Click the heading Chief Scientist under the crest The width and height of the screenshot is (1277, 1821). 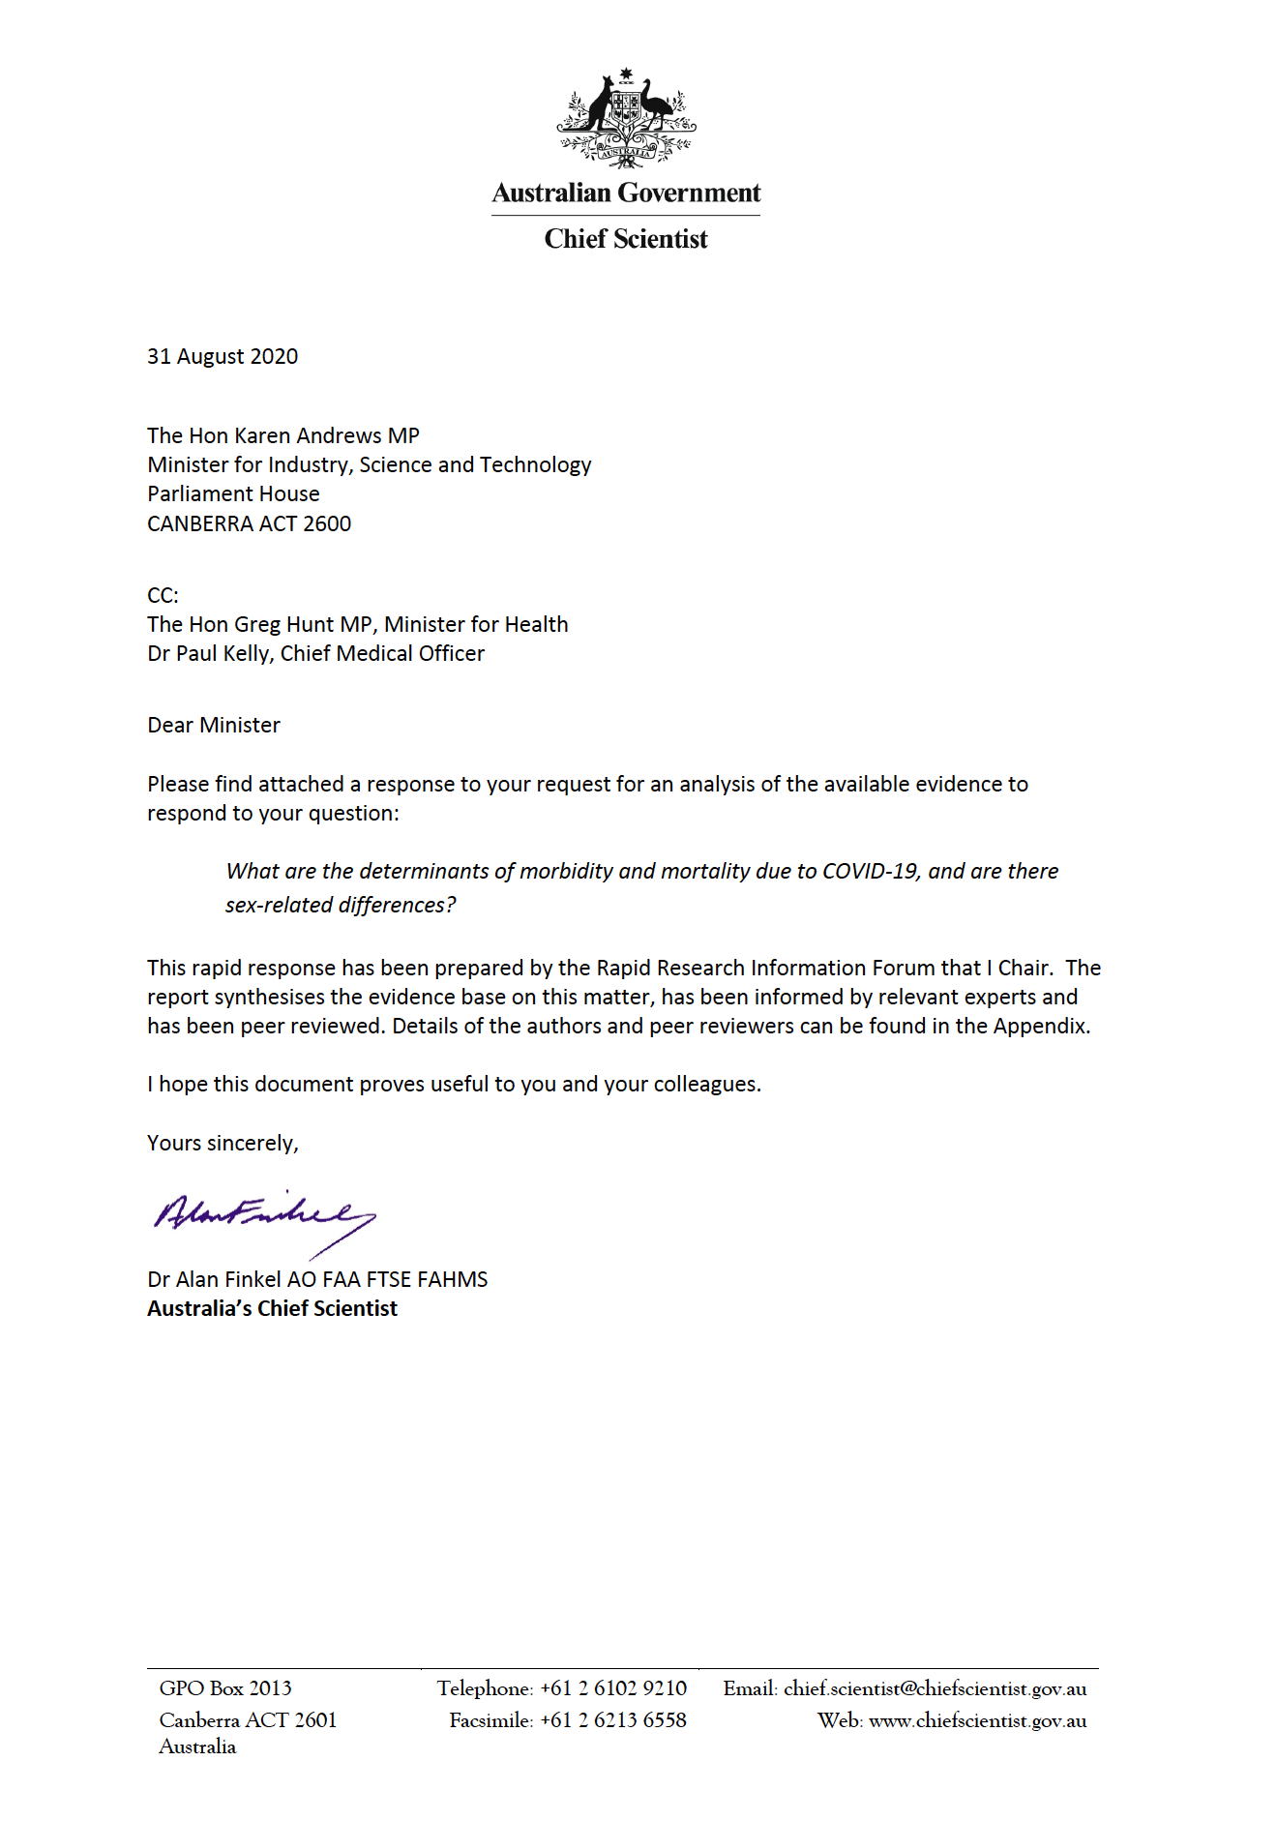(626, 239)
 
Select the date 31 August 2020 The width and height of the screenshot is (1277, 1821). (223, 356)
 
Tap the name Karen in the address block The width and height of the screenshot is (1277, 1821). (262, 435)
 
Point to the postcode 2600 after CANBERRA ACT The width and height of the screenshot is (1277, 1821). (327, 523)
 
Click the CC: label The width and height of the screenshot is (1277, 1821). (163, 595)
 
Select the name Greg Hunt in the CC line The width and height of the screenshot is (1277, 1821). (271, 624)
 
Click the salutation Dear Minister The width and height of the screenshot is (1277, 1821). (214, 725)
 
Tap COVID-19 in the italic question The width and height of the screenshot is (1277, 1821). (870, 871)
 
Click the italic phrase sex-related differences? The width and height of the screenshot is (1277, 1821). (341, 905)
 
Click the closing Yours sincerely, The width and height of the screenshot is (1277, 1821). (223, 1143)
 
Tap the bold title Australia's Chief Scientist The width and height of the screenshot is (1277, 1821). (272, 1308)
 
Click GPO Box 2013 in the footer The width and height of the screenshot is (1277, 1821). (225, 1688)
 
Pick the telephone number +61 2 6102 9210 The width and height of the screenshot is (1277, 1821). (613, 1688)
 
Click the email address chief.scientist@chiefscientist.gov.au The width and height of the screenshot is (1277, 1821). (935, 1688)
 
